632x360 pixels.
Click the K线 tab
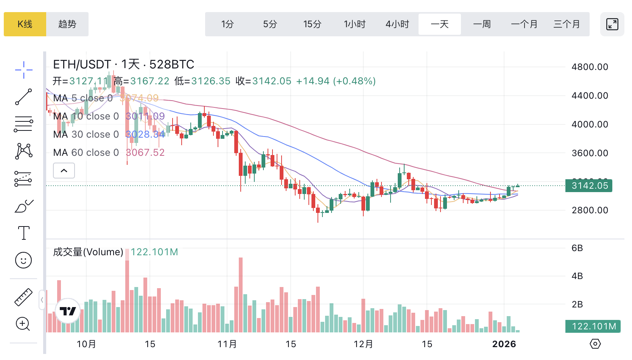25,24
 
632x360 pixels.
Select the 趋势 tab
67,24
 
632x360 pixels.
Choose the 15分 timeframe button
312,24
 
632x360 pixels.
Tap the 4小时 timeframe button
397,24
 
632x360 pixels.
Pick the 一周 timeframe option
482,24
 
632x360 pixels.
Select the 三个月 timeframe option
567,24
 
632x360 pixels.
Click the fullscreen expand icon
612,24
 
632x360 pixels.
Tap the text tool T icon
23,233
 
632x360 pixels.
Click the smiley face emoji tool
23,260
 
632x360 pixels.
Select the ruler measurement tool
23,297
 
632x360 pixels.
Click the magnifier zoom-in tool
23,324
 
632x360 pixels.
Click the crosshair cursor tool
23,70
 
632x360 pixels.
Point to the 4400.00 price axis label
590,96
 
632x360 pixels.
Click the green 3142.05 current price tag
589,186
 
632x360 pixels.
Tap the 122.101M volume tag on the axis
593,326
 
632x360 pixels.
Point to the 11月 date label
227,344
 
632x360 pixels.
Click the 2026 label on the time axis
504,344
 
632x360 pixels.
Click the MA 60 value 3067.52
145,152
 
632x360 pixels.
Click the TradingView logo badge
68,311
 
